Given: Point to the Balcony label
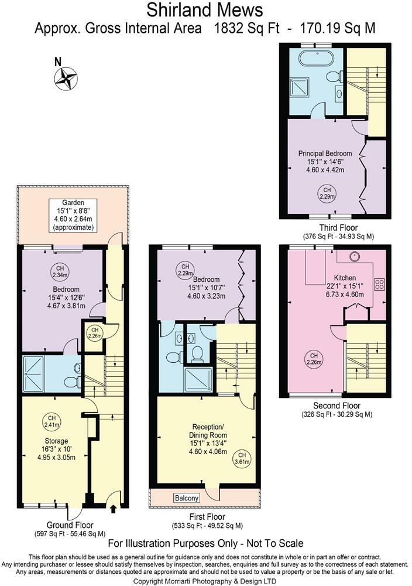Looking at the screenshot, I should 187,498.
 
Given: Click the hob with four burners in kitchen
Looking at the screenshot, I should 379,285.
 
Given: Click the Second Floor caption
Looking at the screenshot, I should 337,406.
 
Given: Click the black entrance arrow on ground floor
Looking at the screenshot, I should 113,510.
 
